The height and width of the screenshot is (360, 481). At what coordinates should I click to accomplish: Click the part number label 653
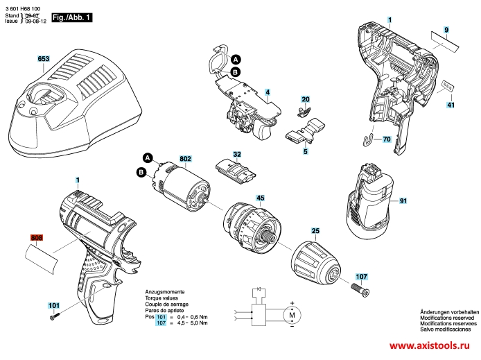tap(43, 59)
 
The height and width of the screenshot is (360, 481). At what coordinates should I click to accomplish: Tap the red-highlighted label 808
tap(37, 238)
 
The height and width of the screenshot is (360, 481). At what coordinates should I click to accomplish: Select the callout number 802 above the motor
tap(185, 159)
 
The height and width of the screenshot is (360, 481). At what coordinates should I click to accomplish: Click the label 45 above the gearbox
tap(261, 198)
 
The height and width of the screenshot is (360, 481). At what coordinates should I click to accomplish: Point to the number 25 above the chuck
tap(315, 230)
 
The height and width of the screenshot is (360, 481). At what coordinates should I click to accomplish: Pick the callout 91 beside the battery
tap(403, 200)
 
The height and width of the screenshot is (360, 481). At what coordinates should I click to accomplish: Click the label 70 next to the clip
tap(387, 139)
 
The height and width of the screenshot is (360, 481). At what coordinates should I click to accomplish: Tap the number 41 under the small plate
tap(451, 105)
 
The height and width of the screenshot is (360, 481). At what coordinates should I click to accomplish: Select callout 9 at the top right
tap(446, 30)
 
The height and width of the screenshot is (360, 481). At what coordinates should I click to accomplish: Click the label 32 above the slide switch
tap(237, 154)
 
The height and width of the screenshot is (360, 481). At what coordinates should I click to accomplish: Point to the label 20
tap(306, 99)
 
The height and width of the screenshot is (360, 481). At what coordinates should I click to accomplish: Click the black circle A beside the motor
tap(148, 158)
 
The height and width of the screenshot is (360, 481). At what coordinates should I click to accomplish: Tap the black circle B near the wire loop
tap(235, 72)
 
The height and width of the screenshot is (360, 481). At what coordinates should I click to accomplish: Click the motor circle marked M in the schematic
tap(292, 315)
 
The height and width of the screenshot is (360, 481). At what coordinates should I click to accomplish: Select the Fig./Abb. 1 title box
tap(72, 17)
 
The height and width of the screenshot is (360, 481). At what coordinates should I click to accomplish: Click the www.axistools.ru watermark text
tap(430, 345)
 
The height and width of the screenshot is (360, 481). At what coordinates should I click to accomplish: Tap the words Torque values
tap(161, 298)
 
